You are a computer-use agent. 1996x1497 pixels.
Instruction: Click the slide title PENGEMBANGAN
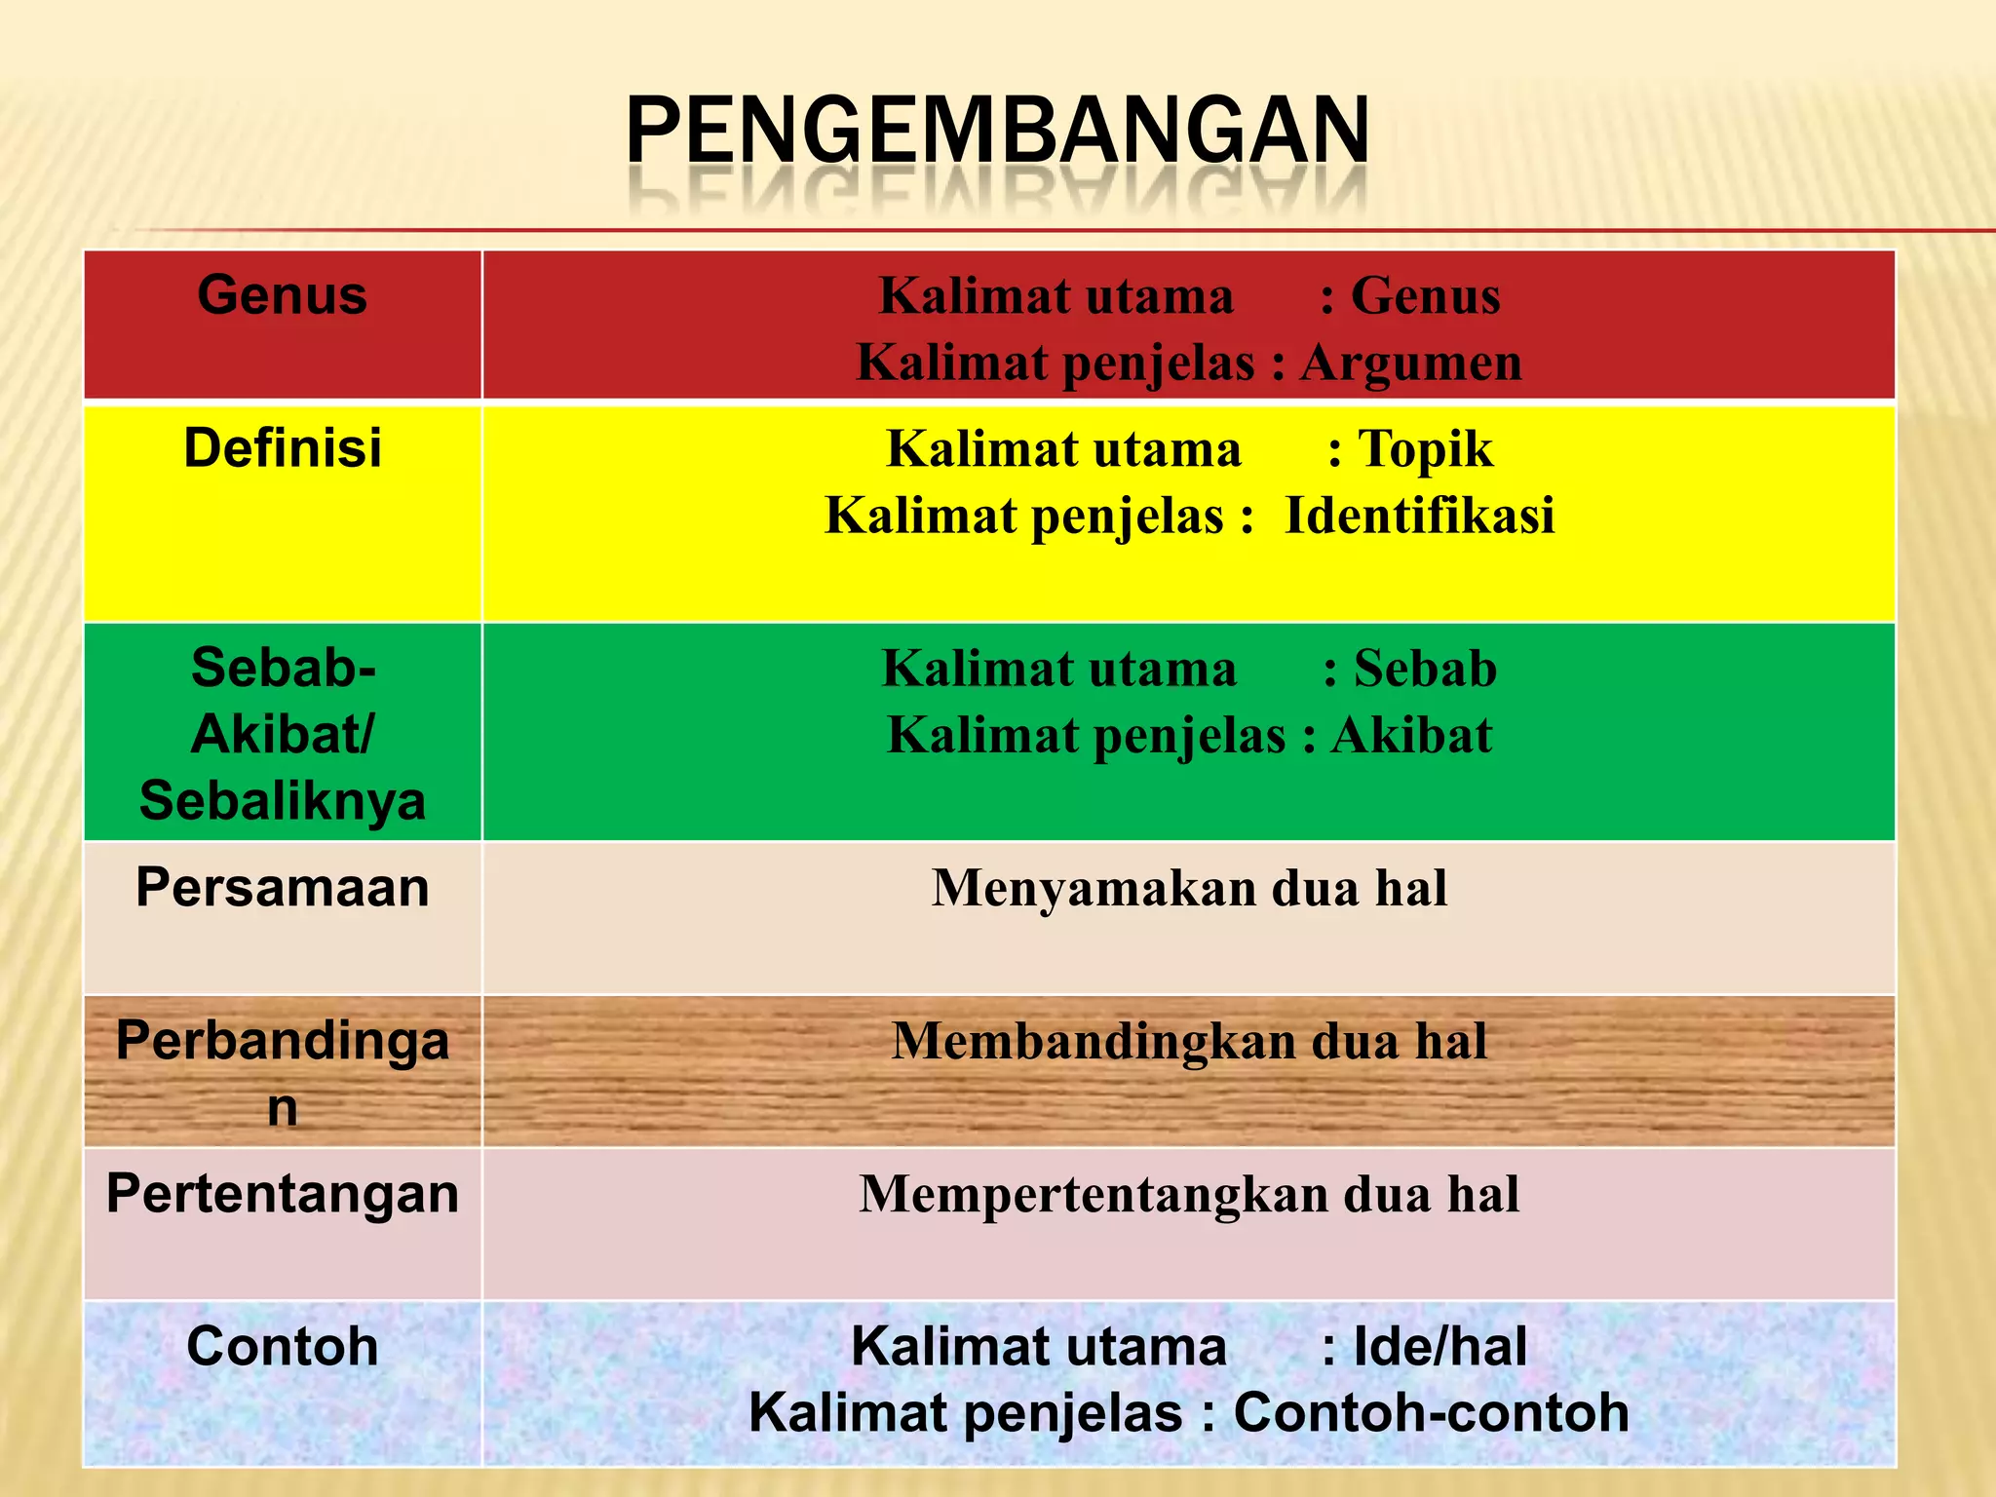[997, 131]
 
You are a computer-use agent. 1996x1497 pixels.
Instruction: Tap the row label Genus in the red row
[282, 295]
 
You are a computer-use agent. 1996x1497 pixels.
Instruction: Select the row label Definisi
[283, 448]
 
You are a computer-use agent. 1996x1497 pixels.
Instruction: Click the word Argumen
[1410, 364]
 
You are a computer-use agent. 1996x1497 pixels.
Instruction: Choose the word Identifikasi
[1419, 516]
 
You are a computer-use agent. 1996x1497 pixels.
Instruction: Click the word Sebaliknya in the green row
[283, 801]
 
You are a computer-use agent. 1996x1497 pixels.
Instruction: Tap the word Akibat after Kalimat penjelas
[1411, 735]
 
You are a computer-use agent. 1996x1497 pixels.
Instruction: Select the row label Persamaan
[283, 888]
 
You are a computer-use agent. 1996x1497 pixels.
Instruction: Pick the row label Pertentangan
[283, 1194]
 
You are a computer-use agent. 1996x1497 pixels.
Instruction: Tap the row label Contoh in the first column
[283, 1347]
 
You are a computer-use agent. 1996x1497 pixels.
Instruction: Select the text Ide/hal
[1439, 1347]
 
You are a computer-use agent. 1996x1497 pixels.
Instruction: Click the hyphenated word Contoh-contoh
[1431, 1413]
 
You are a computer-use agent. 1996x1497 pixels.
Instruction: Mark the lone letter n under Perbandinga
[283, 1108]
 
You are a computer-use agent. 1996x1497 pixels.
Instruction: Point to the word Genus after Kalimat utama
[1425, 296]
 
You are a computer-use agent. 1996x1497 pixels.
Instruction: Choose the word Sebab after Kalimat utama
[1425, 670]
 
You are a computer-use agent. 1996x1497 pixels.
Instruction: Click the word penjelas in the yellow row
[1127, 516]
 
